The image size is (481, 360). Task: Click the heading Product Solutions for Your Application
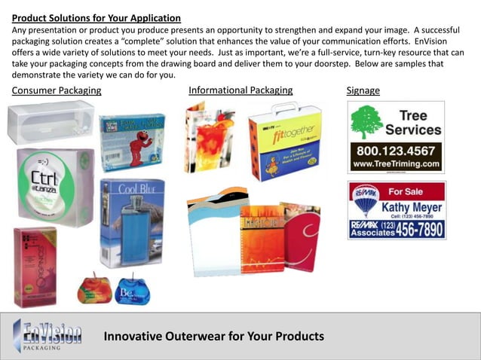(97, 17)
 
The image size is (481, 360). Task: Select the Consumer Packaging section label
(57, 91)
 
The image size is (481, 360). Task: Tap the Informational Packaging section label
(240, 90)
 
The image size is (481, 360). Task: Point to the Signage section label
(363, 91)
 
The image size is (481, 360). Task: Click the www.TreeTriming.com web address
(395, 163)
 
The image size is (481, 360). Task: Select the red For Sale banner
(415, 191)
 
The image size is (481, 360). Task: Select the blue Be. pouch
(133, 290)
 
